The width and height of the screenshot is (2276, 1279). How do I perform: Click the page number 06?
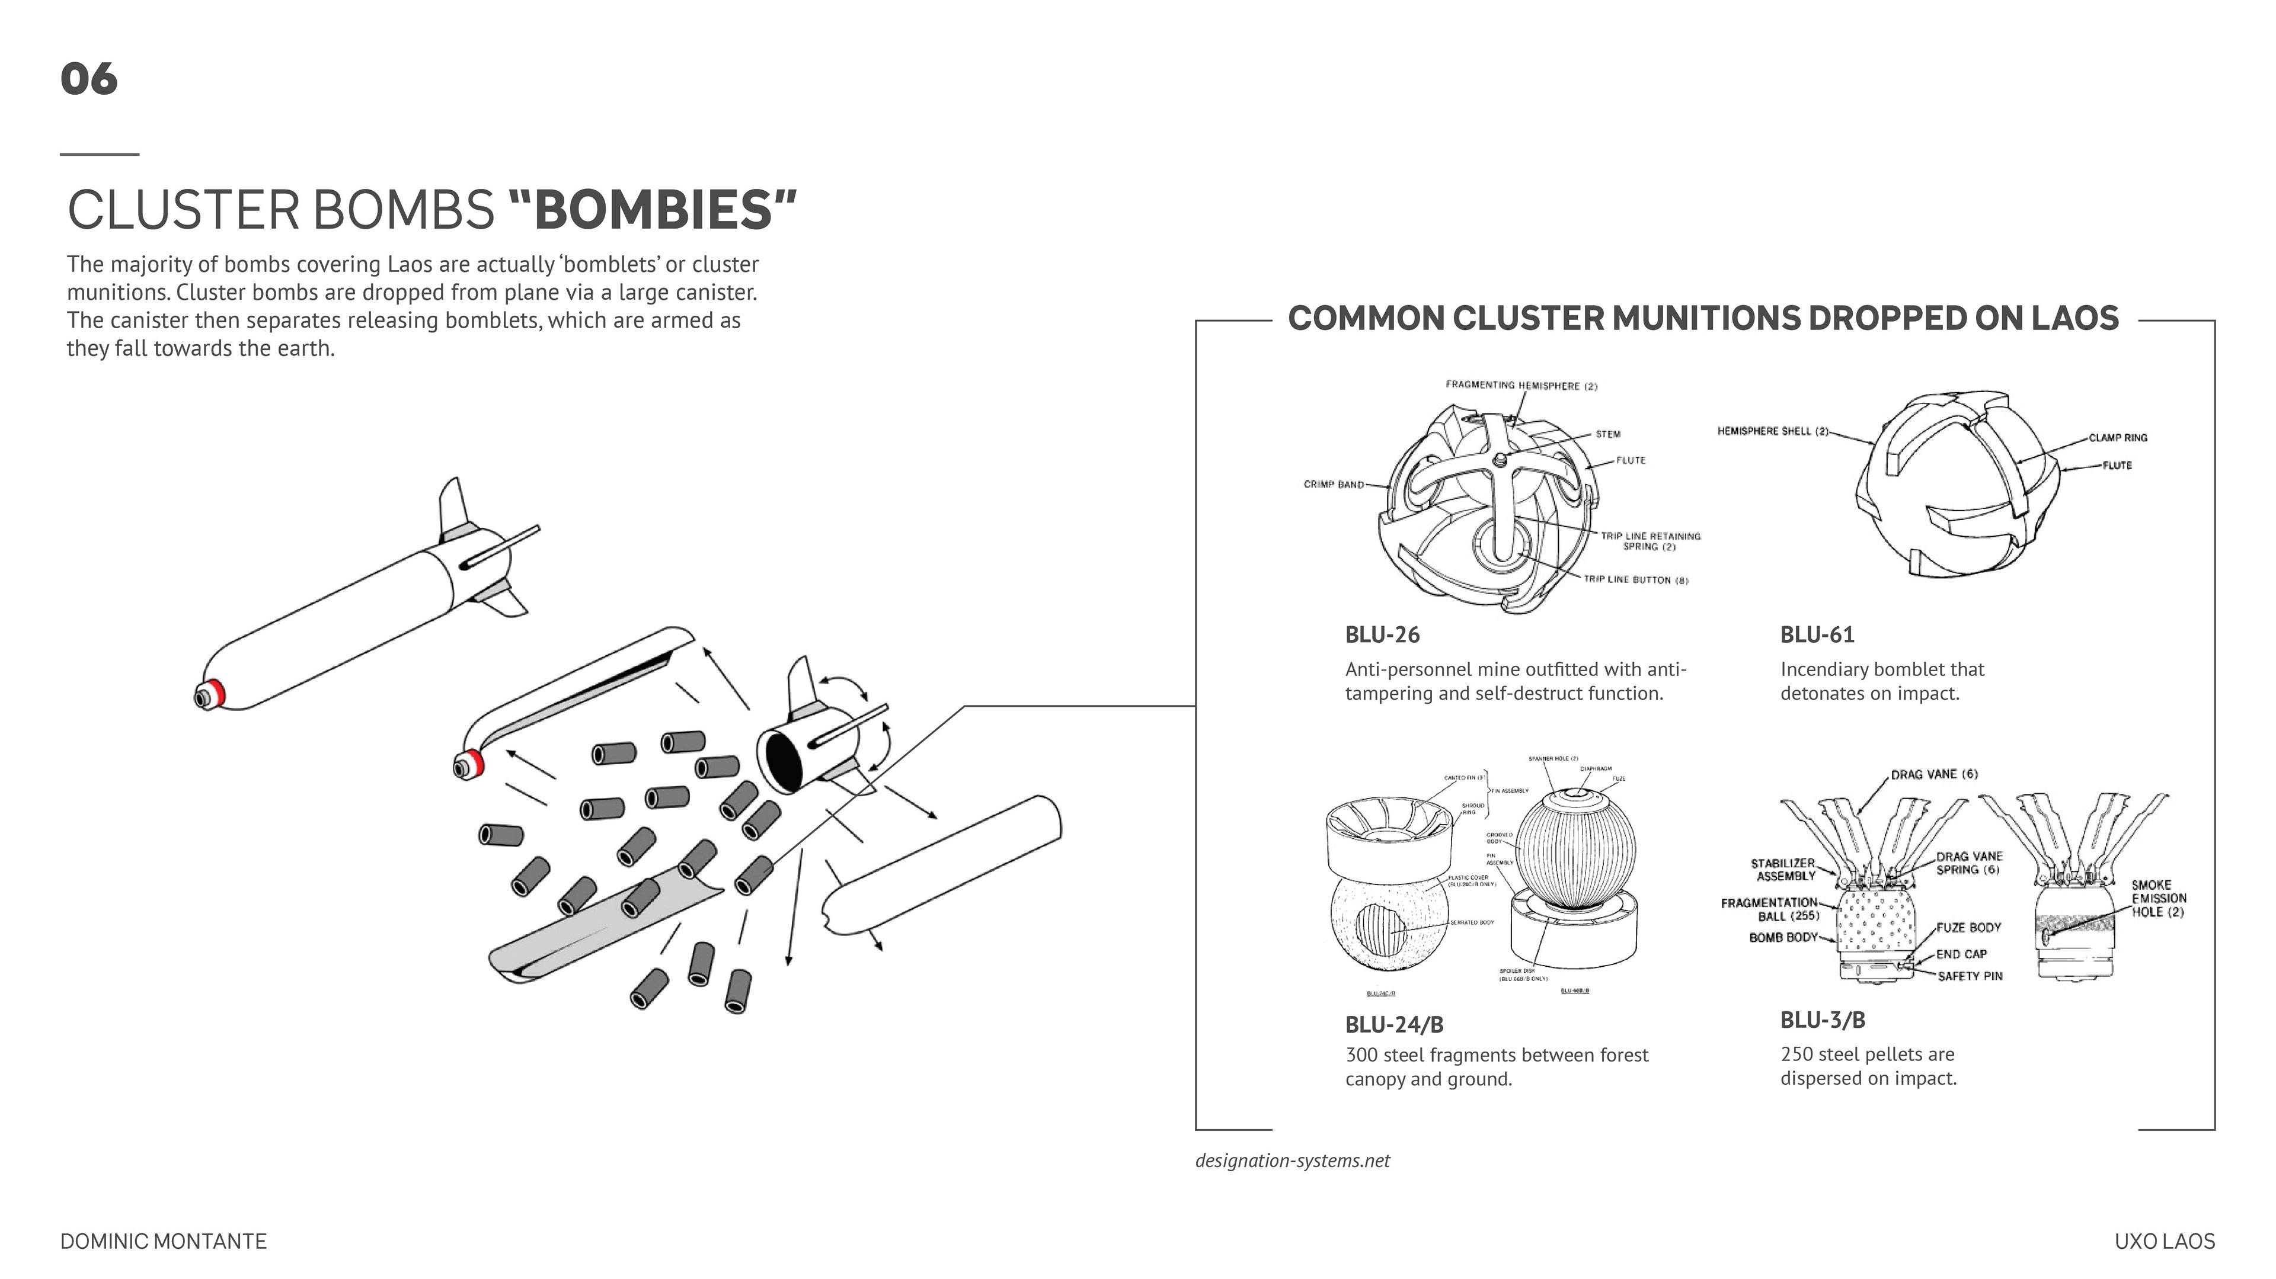[x=88, y=79]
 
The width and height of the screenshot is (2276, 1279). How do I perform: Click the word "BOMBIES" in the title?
[x=653, y=210]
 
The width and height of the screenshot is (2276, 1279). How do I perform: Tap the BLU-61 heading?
[x=1817, y=634]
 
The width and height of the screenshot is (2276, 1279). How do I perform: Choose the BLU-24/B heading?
[x=1394, y=1025]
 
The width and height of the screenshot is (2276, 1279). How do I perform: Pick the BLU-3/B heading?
[x=1823, y=1020]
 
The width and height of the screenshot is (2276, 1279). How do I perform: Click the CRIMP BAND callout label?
[x=1333, y=484]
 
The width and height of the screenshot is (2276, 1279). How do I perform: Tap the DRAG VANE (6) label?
[x=1934, y=775]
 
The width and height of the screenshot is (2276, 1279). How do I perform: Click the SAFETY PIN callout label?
[x=1970, y=976]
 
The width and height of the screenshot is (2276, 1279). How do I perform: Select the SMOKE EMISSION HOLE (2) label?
[x=2157, y=898]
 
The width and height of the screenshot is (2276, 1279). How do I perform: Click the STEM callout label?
[x=1608, y=434]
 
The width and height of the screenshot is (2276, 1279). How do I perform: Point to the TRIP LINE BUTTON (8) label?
[x=1635, y=579]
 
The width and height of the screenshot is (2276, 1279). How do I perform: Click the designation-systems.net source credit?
[x=1292, y=1161]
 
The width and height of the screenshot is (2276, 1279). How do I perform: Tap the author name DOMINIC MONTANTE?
[x=164, y=1241]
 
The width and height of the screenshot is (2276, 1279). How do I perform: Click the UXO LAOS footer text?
[x=2165, y=1241]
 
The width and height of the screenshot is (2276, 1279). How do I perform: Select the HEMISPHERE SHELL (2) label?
[x=1772, y=431]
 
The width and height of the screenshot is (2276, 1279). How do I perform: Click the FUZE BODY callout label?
[x=1968, y=928]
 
